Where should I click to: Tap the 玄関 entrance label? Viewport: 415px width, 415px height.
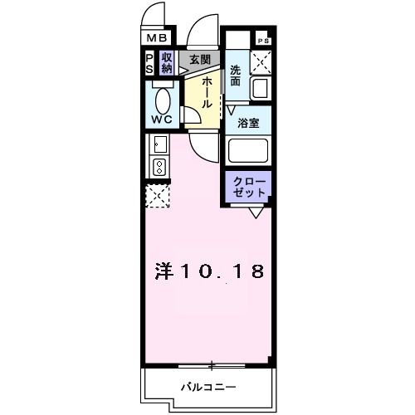199,60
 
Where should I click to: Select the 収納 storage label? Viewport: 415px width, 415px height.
167,63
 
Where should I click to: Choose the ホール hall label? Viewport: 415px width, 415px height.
204,90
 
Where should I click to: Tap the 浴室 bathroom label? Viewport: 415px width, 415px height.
248,124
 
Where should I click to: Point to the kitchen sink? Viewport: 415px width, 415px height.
159,147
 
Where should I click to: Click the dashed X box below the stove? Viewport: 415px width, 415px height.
158,196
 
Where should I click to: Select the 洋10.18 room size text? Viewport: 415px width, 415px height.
210,271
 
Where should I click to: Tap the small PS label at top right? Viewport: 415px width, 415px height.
264,41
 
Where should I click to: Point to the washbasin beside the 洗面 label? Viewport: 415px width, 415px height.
261,89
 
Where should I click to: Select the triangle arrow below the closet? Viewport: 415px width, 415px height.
255,213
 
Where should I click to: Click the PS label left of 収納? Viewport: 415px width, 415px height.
149,63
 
